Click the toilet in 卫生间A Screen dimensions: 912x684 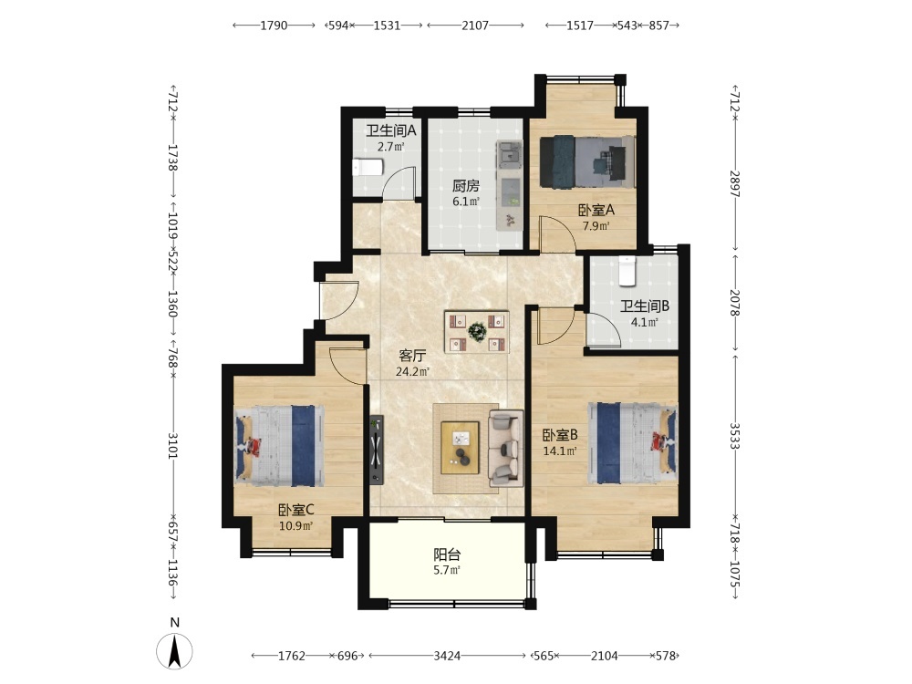[368, 168]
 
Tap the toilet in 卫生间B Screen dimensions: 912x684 [627, 271]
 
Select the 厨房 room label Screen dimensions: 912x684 [466, 186]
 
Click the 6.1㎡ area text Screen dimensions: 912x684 [466, 202]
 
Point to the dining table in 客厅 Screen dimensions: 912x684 [477, 332]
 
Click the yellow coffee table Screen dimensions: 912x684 [460, 447]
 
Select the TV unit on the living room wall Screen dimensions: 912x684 [377, 449]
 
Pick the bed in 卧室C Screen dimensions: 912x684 [279, 446]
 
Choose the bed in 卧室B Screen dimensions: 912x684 [633, 443]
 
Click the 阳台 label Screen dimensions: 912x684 [447, 554]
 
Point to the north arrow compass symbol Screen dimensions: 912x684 [174, 649]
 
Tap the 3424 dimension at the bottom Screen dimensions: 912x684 [447, 656]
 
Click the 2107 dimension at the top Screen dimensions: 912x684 [475, 25]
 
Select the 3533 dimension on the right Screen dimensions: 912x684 [734, 436]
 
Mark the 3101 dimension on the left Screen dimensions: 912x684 [172, 445]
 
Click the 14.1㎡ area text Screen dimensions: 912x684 [560, 451]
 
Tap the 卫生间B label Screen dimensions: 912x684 [645, 306]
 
